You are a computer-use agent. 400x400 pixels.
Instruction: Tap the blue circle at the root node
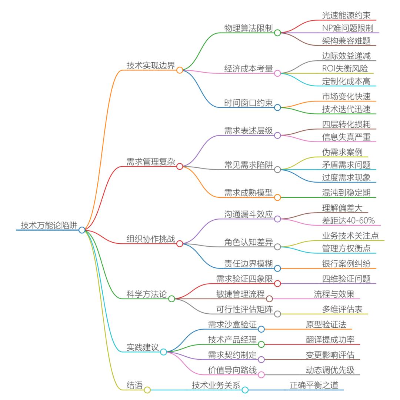(82, 230)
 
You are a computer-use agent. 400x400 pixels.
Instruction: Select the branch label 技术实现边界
(151, 65)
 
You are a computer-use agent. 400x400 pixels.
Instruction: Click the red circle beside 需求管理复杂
(180, 167)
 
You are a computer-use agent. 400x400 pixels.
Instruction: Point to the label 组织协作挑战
(151, 239)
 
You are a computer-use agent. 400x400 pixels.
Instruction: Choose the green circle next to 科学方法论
(171, 299)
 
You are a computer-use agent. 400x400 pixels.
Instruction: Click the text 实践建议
(143, 347)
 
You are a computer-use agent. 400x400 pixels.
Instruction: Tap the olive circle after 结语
(147, 390)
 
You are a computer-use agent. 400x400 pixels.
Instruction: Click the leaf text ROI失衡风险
(346, 68)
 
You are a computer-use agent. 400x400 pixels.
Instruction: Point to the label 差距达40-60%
(348, 221)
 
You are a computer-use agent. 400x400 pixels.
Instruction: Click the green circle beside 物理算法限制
(277, 33)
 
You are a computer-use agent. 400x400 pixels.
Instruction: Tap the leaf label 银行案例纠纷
(346, 263)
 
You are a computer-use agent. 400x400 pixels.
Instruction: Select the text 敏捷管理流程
(240, 294)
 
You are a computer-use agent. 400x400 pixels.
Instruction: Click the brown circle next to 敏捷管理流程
(269, 299)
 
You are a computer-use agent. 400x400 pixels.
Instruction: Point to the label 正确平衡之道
(314, 385)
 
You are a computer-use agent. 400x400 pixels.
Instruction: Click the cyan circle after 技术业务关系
(245, 390)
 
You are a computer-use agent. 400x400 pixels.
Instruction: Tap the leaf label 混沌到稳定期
(346, 193)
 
